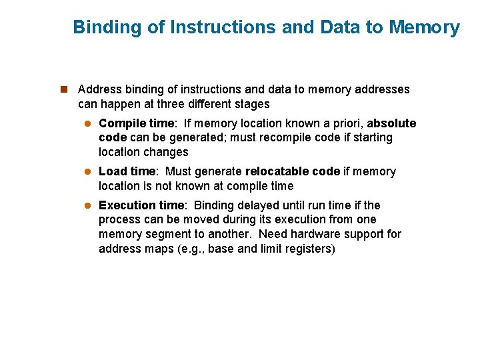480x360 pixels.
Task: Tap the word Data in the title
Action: pos(338,27)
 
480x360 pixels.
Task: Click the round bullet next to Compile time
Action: pos(87,124)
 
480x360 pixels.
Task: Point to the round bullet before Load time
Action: pos(87,172)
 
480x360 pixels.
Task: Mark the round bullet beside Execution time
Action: pos(87,206)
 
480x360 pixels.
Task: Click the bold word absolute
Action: pos(391,123)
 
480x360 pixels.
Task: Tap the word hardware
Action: pos(328,234)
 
